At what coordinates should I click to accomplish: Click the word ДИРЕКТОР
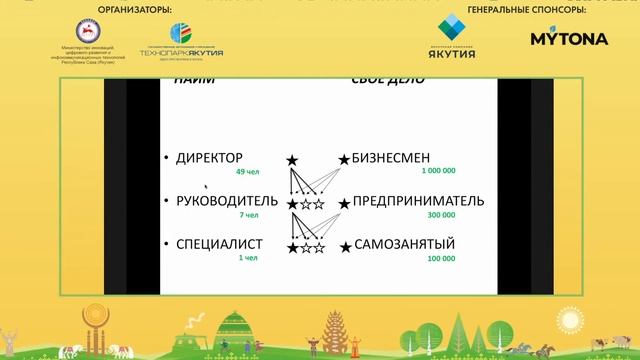coord(210,159)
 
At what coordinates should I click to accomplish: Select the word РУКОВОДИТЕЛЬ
coord(226,203)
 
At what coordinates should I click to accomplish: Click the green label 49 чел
coord(246,173)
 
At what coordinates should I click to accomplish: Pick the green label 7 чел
coord(249,216)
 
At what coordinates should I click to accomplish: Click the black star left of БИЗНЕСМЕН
coord(343,160)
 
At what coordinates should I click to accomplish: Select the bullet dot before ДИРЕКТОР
coord(166,160)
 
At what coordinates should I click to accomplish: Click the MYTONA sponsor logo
coord(569,39)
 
